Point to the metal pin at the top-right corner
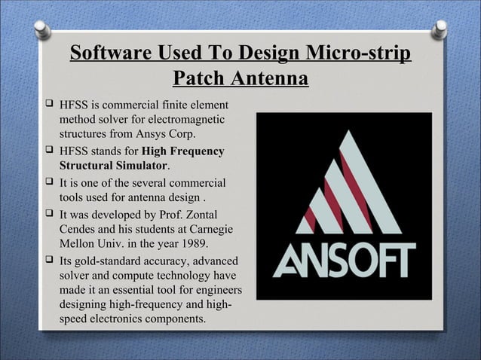pos(439,29)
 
